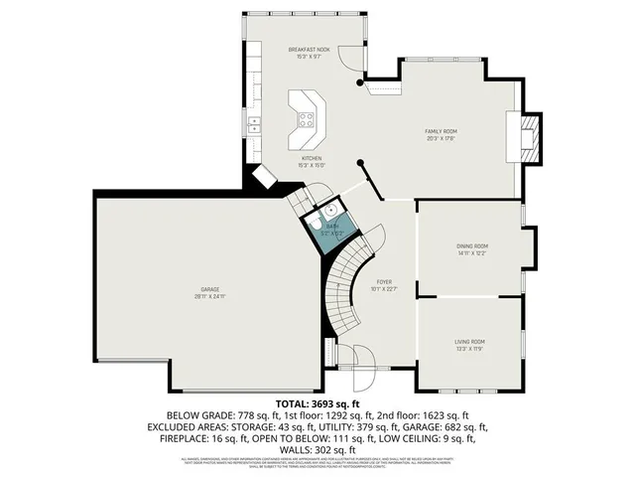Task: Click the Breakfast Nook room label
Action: (309, 49)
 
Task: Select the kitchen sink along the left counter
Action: (255, 124)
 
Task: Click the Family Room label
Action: (441, 131)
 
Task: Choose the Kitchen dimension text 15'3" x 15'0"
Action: (312, 165)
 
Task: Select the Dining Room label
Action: (472, 245)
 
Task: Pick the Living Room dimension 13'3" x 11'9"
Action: (470, 349)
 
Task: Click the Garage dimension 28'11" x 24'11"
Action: (209, 296)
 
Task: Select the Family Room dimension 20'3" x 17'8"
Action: (441, 138)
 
